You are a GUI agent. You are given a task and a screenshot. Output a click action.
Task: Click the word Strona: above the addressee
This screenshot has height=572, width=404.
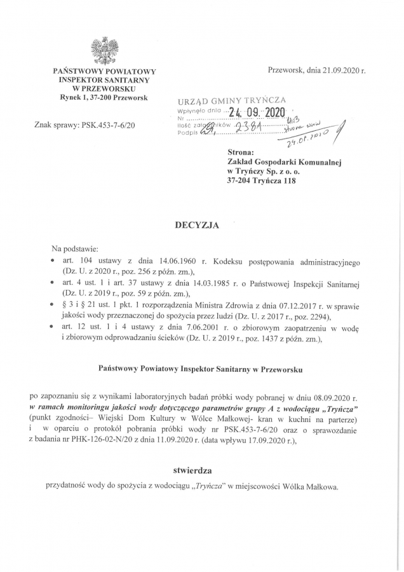coord(241,153)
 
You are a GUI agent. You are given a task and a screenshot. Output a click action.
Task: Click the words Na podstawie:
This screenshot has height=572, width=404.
coord(75,248)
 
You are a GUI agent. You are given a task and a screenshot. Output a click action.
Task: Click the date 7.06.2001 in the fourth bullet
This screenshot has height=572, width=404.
coord(189,327)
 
